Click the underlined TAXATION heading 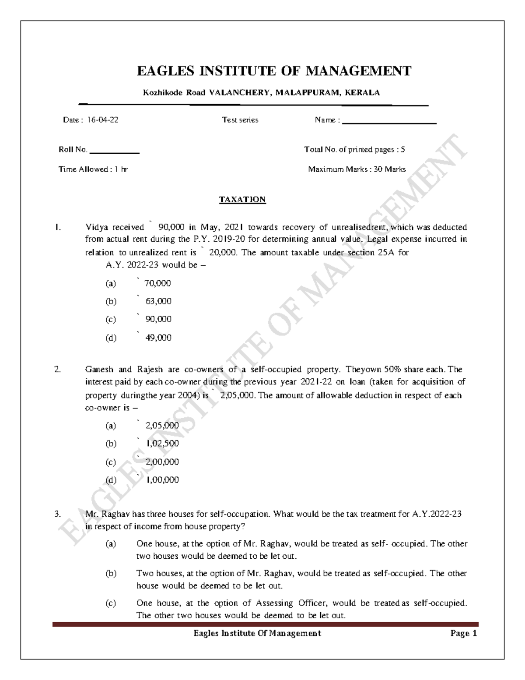pyautogui.click(x=242, y=200)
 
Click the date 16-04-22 pyautogui.click(x=102, y=120)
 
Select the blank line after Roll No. pyautogui.click(x=114, y=152)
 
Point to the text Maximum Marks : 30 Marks pyautogui.click(x=357, y=169)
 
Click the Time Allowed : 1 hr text pyautogui.click(x=93, y=169)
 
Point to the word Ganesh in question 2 pyautogui.click(x=99, y=370)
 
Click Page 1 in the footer pyautogui.click(x=463, y=634)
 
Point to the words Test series pyautogui.click(x=240, y=120)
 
